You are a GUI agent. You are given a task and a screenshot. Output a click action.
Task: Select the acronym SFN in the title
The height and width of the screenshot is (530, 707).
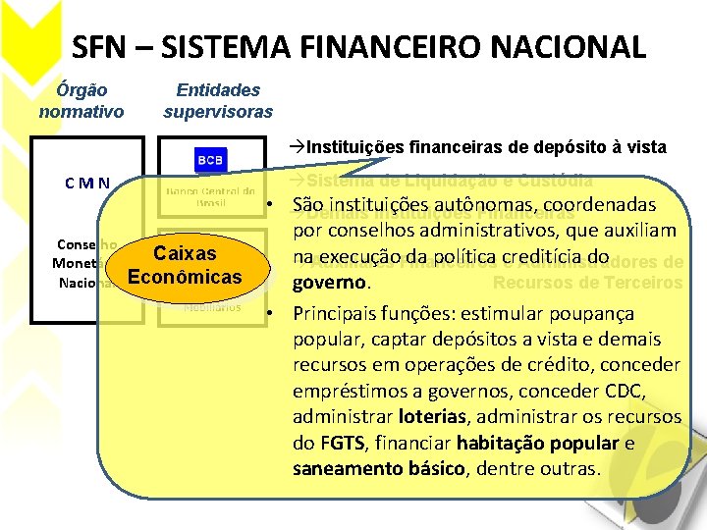pos(100,46)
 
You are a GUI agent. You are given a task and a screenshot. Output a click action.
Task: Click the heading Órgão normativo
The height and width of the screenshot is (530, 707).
pos(82,100)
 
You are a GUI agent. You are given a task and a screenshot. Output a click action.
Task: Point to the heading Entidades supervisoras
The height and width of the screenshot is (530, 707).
pos(218,100)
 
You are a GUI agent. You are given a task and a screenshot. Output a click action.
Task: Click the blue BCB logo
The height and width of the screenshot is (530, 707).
pos(209,159)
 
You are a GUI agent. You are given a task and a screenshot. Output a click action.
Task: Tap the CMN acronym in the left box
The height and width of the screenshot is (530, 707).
pos(87,183)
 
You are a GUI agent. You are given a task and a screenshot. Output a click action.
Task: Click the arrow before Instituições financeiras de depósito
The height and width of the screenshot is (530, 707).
pos(298,147)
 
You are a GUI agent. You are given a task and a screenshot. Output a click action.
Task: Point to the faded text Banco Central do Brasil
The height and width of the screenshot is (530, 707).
pos(209,195)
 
